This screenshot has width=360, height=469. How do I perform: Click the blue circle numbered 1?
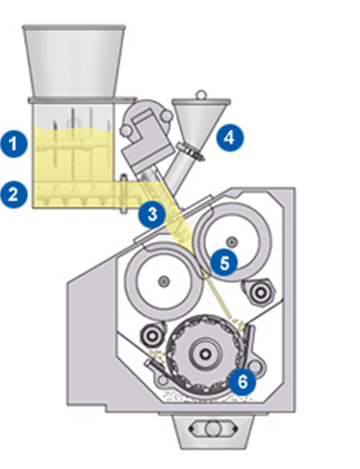(x=13, y=144)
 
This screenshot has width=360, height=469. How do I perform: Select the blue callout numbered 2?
(x=13, y=193)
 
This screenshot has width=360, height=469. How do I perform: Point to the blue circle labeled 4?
(x=229, y=137)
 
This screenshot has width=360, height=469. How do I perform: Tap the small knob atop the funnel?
(x=199, y=94)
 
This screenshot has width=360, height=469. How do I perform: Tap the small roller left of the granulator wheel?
(x=152, y=335)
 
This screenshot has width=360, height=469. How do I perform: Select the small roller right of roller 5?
(x=258, y=290)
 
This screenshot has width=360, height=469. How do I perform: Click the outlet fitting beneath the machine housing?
(x=204, y=430)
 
